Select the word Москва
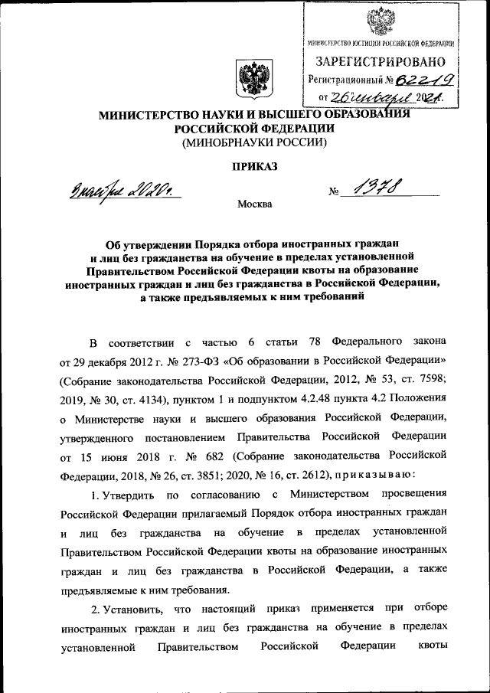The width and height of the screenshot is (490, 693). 254,204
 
